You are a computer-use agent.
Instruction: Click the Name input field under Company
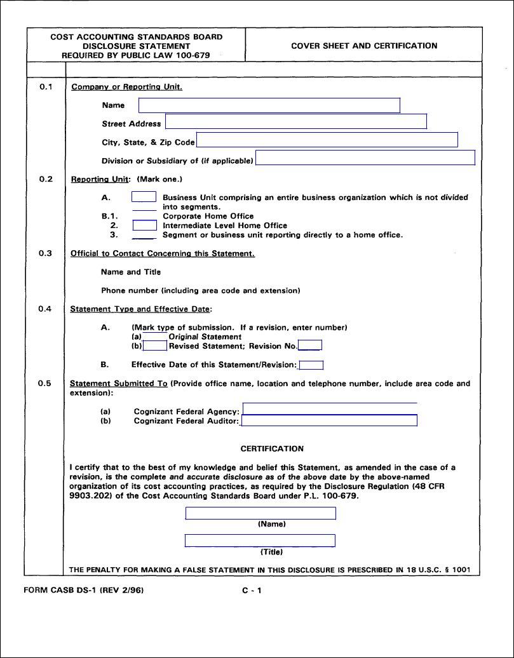click(269, 105)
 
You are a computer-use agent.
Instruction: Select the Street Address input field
click(296, 121)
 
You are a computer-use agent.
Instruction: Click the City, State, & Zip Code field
click(327, 140)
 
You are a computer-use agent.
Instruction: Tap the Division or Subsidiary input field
click(365, 158)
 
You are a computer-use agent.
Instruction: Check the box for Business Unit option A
click(144, 197)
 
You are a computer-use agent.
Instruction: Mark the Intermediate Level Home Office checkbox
click(144, 225)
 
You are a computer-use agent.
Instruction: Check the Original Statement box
click(155, 337)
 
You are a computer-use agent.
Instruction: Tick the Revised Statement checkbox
click(155, 346)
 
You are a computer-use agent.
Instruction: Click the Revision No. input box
click(310, 346)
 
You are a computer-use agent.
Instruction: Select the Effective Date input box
click(311, 365)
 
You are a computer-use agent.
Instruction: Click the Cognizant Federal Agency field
click(330, 409)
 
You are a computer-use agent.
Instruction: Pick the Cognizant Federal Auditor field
click(329, 420)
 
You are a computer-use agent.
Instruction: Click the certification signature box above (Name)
click(260, 513)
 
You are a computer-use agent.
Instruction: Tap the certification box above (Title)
click(260, 540)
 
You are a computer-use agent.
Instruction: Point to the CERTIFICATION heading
click(272, 448)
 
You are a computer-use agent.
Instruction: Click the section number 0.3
click(45, 253)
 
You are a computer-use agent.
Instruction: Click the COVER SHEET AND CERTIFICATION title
click(364, 46)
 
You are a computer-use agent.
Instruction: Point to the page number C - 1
click(252, 590)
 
